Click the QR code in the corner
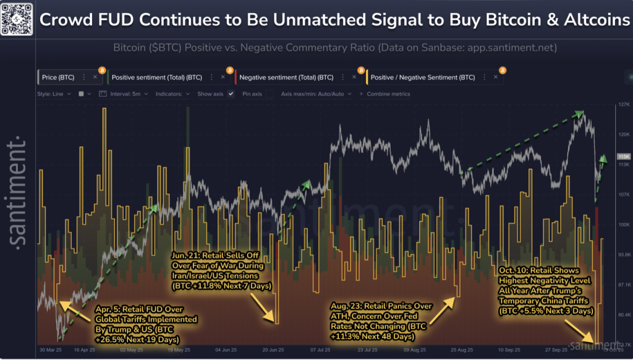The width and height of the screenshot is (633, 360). (17, 17)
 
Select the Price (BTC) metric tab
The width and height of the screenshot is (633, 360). (58, 77)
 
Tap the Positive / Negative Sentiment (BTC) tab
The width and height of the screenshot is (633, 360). (423, 77)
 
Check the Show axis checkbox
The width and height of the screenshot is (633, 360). (231, 94)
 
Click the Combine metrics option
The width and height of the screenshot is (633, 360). (388, 94)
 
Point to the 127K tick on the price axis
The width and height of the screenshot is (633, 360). (623, 105)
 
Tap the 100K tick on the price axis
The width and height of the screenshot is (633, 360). (623, 225)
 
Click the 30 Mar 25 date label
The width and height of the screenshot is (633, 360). (50, 350)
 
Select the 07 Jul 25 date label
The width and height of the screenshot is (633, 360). (321, 350)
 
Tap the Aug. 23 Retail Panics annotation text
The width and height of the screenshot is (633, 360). (372, 321)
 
